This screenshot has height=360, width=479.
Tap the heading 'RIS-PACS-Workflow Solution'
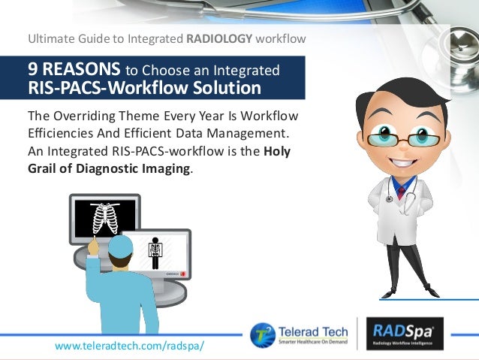[x=144, y=89]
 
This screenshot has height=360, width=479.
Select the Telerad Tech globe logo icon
[x=263, y=334]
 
